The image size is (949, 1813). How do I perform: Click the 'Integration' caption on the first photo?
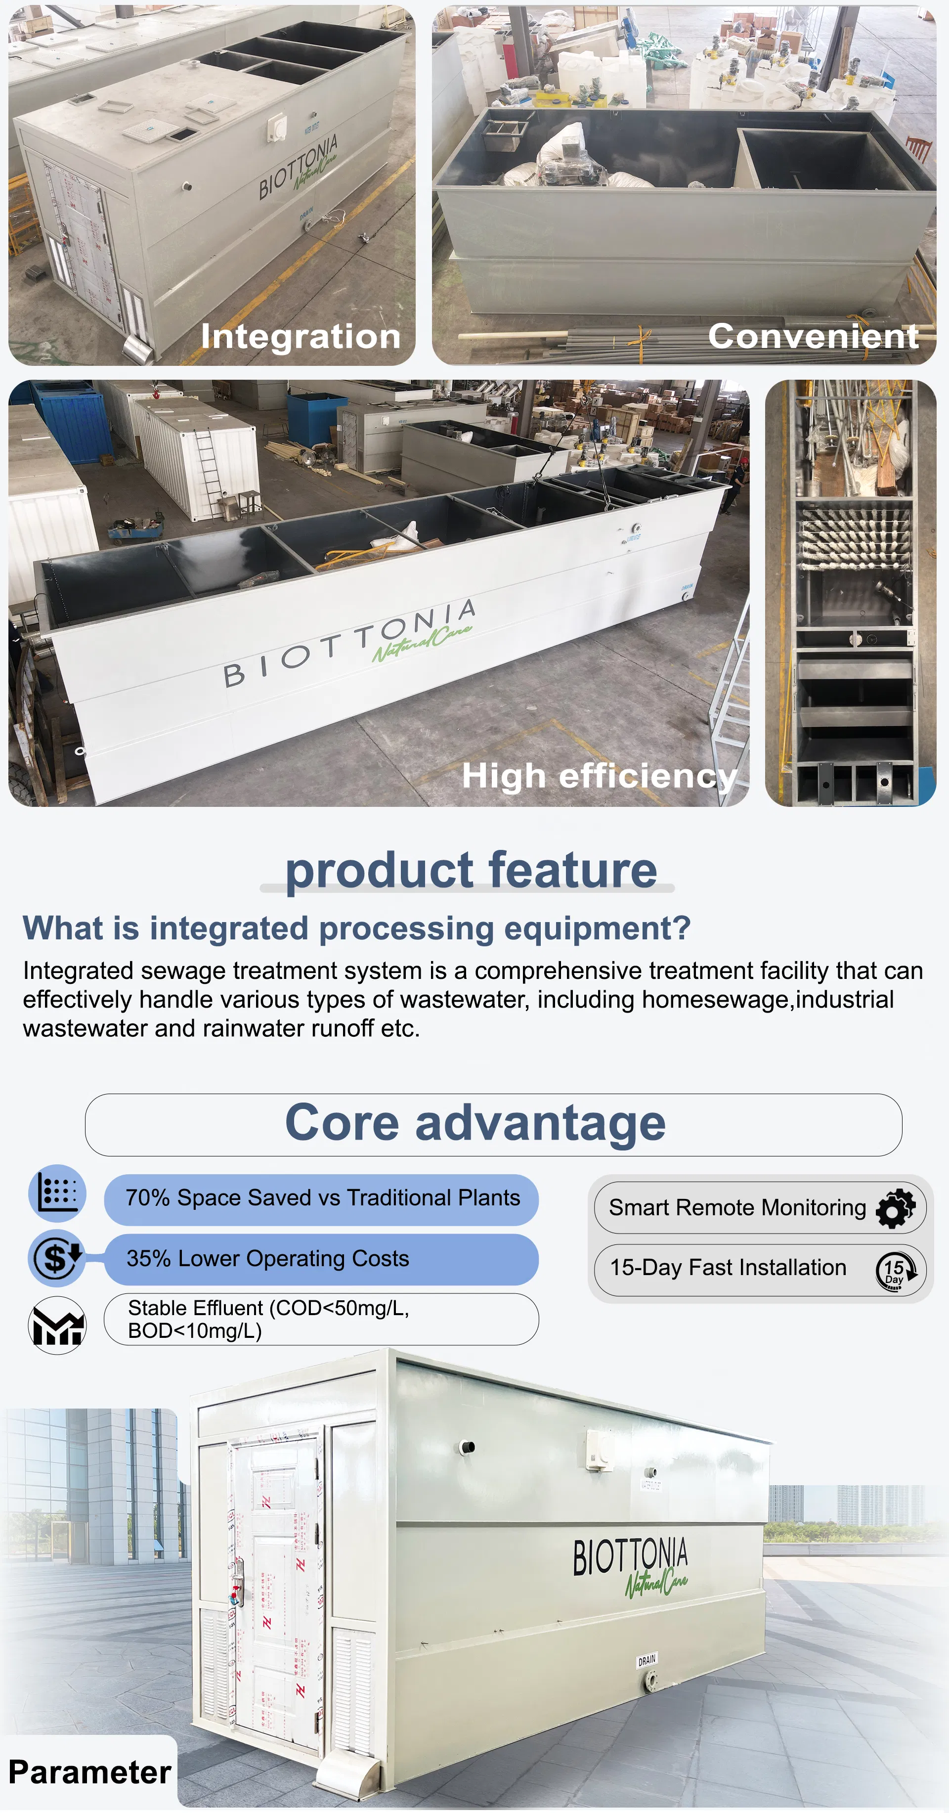point(301,336)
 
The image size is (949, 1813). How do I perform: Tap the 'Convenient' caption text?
point(813,336)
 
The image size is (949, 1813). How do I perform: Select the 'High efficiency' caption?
point(600,776)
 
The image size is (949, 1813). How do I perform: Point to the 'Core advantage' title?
point(475,1123)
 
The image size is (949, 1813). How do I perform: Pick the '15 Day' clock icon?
point(895,1270)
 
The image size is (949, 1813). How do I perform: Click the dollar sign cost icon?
point(57,1258)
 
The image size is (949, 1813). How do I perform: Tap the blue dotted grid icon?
point(57,1194)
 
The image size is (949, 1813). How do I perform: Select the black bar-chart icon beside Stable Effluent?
point(57,1325)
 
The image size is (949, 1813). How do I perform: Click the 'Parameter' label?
point(89,1772)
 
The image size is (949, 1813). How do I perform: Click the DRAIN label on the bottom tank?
point(647,1660)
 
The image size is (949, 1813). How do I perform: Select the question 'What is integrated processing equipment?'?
point(357,929)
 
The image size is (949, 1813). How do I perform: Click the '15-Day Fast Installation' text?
point(728,1268)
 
